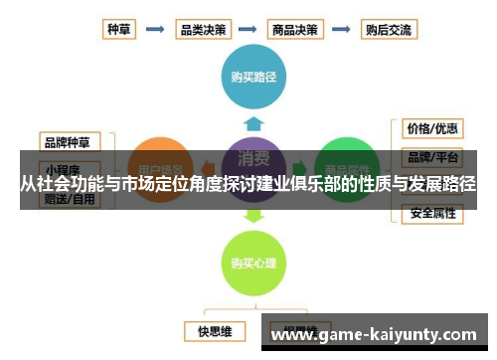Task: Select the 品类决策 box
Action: [202, 30]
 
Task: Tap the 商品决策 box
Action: [293, 30]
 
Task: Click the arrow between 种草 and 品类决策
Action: [155, 30]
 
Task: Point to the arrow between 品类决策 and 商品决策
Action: [248, 30]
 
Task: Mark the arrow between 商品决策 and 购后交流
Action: [340, 30]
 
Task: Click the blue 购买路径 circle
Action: [253, 75]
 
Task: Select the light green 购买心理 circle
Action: [253, 264]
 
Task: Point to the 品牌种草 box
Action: [69, 140]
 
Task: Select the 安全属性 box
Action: [432, 213]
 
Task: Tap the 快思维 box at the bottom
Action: [214, 329]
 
